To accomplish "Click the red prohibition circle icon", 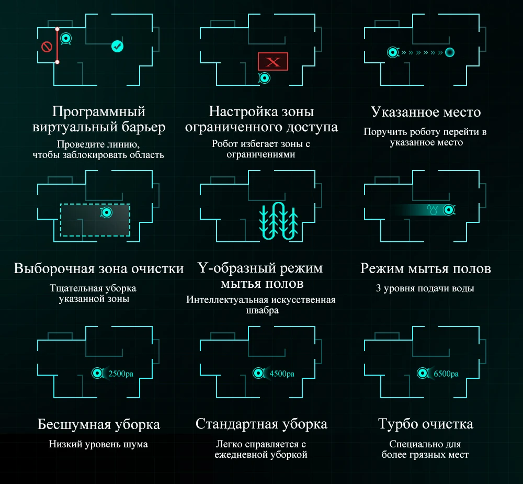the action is point(47,47).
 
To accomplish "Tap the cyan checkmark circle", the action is point(118,47).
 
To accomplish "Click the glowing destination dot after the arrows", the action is point(449,52).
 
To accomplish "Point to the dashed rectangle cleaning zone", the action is point(95,220).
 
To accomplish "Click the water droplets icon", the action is point(432,209).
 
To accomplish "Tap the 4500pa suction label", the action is point(282,374).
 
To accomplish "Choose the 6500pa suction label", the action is point(446,374).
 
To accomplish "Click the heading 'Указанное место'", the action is point(425,112).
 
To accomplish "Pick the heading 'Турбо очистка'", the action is point(425,423).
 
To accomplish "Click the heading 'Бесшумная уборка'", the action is point(99,423).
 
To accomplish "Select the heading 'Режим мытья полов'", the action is point(425,268).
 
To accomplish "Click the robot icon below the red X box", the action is point(265,78).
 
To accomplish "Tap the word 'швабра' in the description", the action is point(261,310).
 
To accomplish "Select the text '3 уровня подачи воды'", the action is point(425,288).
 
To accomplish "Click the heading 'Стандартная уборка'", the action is point(261,423).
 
